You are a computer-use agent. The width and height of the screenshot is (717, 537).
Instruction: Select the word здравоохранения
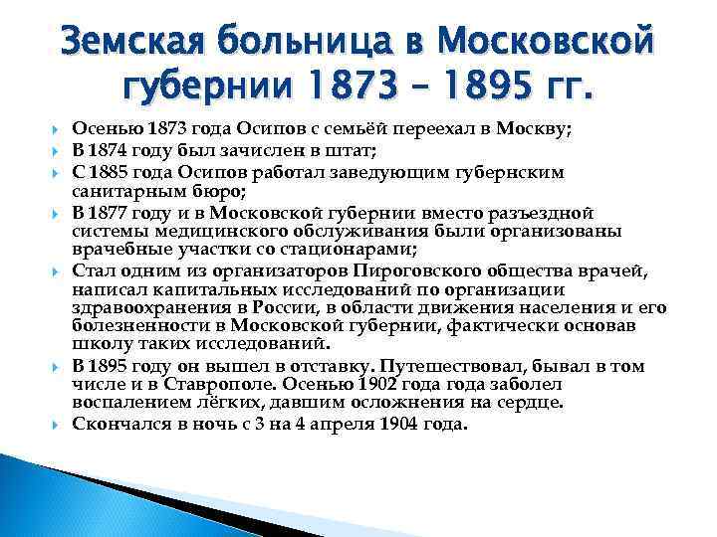tap(149, 308)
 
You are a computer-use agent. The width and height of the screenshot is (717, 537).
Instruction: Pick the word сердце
tap(532, 403)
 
